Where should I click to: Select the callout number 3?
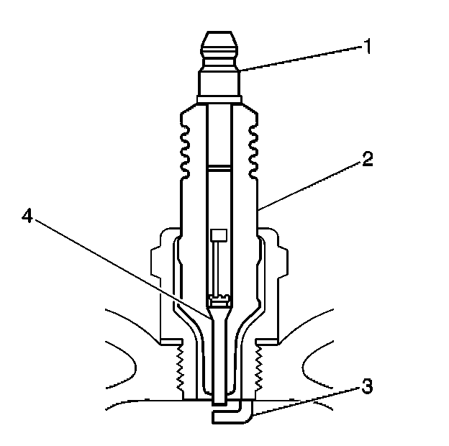(x=366, y=388)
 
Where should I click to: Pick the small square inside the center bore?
(x=217, y=235)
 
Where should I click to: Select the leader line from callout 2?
(x=309, y=183)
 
